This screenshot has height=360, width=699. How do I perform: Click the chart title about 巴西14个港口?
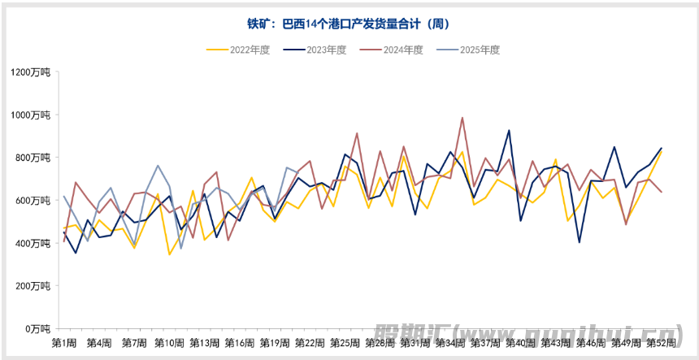click(349, 24)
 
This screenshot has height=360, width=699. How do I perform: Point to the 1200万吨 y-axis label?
click(31, 72)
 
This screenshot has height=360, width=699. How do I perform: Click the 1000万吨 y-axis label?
click(31, 115)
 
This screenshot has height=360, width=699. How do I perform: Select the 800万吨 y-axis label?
click(33, 158)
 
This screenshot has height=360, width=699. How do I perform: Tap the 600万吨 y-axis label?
click(33, 201)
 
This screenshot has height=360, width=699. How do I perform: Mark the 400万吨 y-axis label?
click(33, 243)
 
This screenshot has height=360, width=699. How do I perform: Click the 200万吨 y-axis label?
click(33, 286)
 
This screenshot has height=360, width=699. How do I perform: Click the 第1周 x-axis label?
click(64, 344)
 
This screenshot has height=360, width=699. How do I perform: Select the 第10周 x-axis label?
click(168, 344)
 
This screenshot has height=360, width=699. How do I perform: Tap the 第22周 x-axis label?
click(309, 344)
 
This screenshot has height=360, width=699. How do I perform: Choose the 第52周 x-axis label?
click(662, 344)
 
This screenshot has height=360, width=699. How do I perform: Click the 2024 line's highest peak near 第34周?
click(462, 118)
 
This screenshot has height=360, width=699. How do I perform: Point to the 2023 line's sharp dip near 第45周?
click(580, 242)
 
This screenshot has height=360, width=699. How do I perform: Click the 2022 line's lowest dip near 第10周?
click(169, 254)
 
